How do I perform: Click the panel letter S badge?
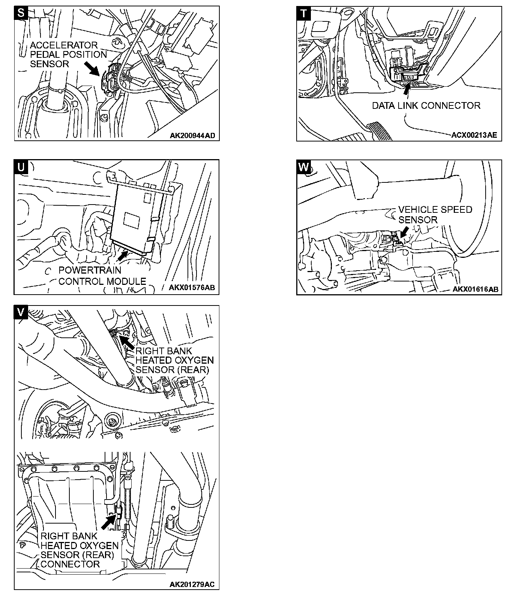coord(21,13)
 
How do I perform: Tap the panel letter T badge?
coord(303,13)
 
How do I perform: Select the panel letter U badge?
coord(21,167)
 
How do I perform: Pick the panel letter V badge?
coord(21,312)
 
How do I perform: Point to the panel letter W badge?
coord(303,167)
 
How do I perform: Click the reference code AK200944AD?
coord(192,135)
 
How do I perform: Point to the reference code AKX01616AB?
coord(475,289)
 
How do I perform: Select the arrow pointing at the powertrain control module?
coord(122,256)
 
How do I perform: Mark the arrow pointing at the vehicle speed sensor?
coord(404,232)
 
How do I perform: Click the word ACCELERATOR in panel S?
coord(63,45)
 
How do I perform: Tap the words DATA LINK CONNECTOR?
coord(426,106)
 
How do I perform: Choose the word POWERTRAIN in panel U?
coord(90,270)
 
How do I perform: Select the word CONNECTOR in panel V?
coord(70,564)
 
